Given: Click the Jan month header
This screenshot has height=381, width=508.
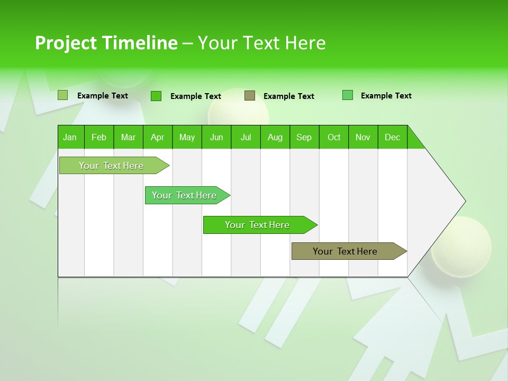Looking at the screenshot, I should click(x=70, y=137).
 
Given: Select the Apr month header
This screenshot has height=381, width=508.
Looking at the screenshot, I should click(x=158, y=137).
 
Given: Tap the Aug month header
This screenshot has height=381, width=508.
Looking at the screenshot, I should click(x=275, y=137).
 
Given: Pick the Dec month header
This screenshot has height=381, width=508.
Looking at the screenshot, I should click(x=393, y=137).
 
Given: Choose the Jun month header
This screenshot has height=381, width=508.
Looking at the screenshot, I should click(x=216, y=137).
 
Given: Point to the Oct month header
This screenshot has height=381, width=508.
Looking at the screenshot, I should click(x=334, y=137).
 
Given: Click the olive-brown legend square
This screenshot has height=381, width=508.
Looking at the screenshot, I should click(x=250, y=96).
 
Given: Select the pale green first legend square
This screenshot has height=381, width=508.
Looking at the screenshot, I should click(x=63, y=95).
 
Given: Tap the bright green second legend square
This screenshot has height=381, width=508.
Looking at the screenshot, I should click(x=156, y=96).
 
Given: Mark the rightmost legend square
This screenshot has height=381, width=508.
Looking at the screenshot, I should click(x=348, y=95).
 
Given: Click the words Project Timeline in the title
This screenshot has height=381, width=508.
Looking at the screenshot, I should click(x=106, y=43).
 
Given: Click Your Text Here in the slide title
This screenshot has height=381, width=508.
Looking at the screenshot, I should click(x=262, y=43).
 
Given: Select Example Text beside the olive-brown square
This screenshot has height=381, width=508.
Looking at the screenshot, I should click(x=288, y=96).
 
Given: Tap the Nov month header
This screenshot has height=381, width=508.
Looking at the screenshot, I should click(x=363, y=137).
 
